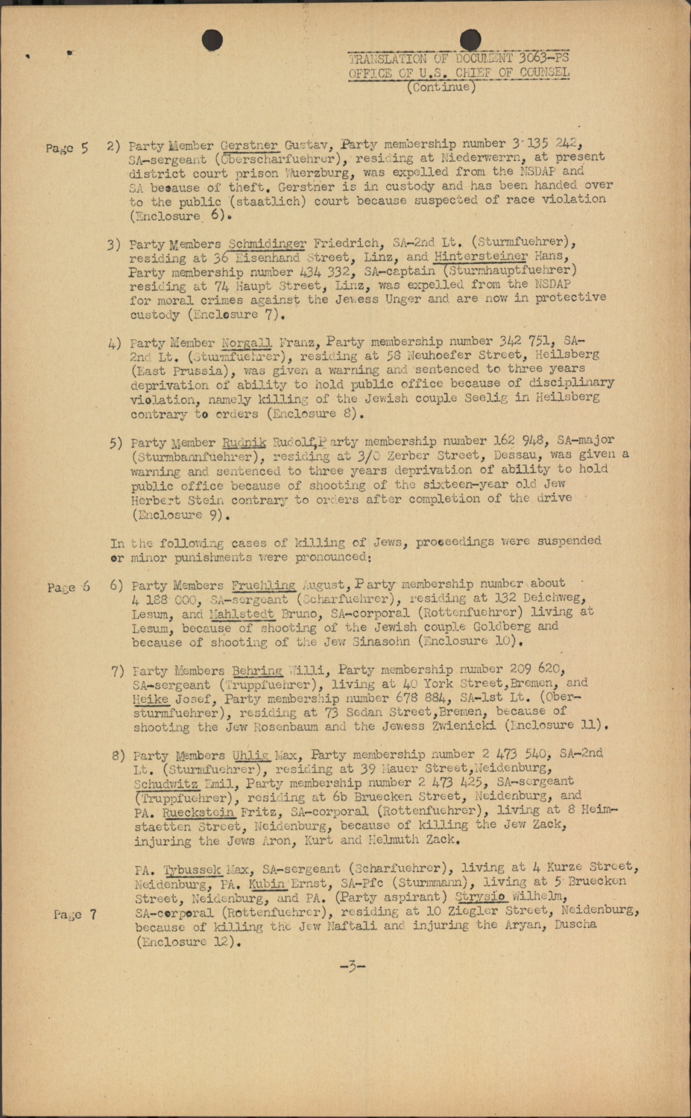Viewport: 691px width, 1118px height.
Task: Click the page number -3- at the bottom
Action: (352, 967)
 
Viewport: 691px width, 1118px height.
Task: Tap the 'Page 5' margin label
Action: (66, 148)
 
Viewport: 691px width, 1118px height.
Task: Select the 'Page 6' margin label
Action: (68, 587)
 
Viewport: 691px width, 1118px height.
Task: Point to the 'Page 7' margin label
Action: (75, 914)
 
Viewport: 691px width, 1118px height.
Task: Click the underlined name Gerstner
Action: (250, 144)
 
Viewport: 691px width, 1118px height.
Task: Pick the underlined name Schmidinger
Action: (267, 243)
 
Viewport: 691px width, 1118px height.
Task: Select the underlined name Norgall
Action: (246, 343)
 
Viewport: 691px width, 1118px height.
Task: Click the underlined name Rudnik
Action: (240, 442)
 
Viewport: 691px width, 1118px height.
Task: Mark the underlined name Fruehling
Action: (263, 585)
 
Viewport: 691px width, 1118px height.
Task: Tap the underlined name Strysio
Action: (481, 897)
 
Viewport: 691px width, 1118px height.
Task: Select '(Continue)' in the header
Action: (441, 87)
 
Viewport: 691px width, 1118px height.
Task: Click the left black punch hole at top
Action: (212, 42)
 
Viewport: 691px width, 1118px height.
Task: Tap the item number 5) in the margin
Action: (116, 443)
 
